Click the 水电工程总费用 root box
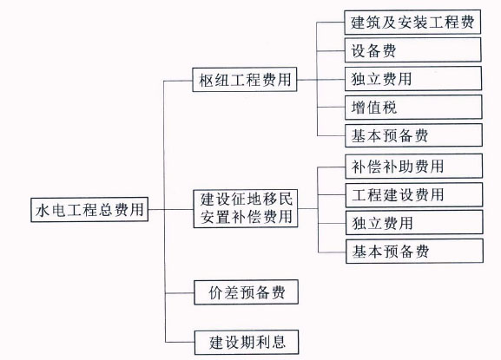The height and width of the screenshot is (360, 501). [x=89, y=209]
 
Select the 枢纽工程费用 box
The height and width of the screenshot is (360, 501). [x=245, y=80]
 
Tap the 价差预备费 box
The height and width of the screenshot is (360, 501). [x=246, y=292]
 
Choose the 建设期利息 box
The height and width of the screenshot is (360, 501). [x=247, y=342]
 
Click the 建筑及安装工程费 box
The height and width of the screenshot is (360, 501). [x=412, y=22]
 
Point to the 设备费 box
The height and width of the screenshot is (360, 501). [x=412, y=50]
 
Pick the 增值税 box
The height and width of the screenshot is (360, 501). [x=413, y=107]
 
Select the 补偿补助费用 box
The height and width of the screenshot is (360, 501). [x=414, y=166]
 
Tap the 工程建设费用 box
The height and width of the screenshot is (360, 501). [x=414, y=194]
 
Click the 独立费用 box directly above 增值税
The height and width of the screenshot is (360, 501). [x=413, y=79]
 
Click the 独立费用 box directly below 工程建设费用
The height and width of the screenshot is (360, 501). [x=414, y=222]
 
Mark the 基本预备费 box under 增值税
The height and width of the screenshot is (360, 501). [x=414, y=135]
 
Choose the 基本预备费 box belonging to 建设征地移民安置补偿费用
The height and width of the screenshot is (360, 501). [x=414, y=252]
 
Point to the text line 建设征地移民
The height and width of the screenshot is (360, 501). [x=247, y=200]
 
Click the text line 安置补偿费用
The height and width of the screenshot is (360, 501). [x=247, y=217]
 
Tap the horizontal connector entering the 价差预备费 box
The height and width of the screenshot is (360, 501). [x=180, y=293]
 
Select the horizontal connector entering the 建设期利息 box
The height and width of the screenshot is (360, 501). [x=180, y=343]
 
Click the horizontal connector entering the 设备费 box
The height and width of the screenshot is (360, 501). [x=331, y=50]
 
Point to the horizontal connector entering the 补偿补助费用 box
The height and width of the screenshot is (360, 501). [x=332, y=167]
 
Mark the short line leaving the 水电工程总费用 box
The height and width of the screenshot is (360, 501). [x=156, y=210]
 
